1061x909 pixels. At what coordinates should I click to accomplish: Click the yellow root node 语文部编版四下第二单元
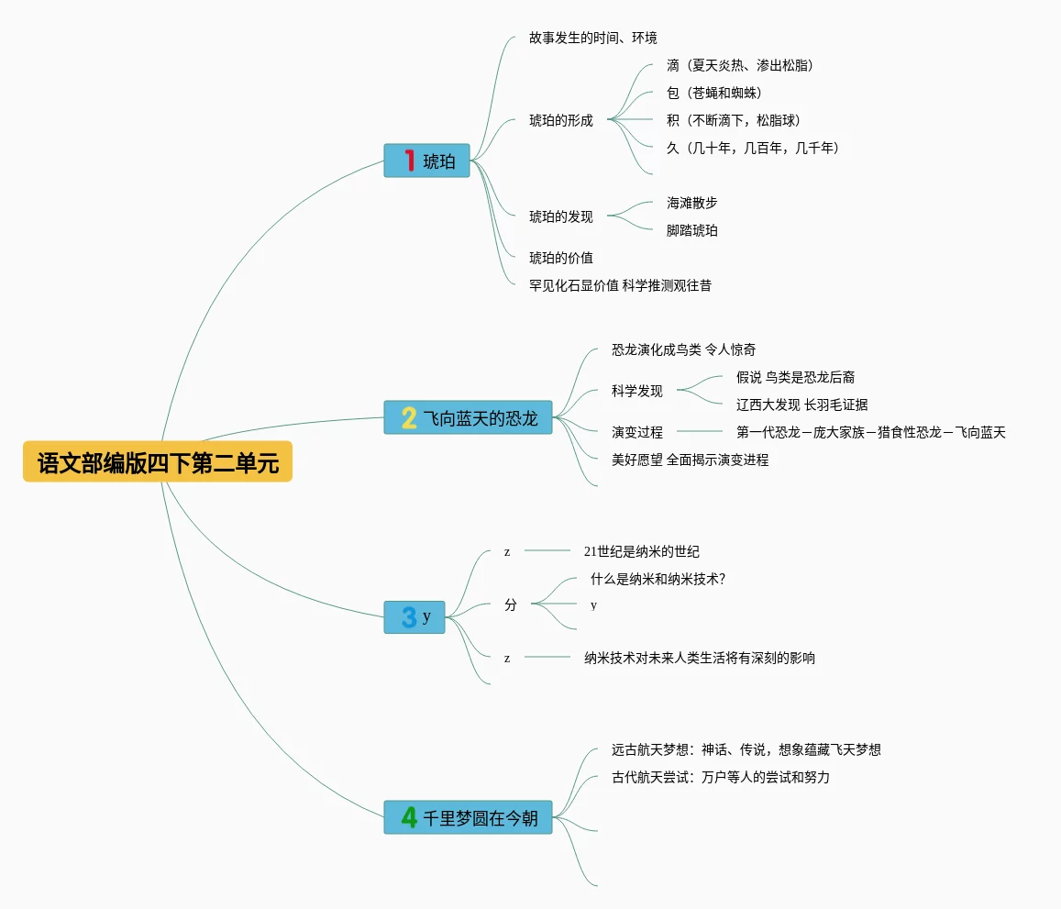pyautogui.click(x=158, y=462)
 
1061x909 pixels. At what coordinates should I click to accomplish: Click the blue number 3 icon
pyautogui.click(x=409, y=617)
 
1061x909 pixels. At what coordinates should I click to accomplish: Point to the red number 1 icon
pyautogui.click(x=409, y=161)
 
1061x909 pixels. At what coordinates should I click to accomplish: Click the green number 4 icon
pyautogui.click(x=409, y=816)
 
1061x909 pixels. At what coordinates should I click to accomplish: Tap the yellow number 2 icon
pyautogui.click(x=409, y=418)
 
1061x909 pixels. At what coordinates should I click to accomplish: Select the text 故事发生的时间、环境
pyautogui.click(x=592, y=38)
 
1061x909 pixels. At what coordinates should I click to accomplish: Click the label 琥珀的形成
pyautogui.click(x=561, y=120)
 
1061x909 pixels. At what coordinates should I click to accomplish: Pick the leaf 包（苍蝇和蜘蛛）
pyautogui.click(x=714, y=93)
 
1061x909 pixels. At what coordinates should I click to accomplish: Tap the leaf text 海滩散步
pyautogui.click(x=692, y=203)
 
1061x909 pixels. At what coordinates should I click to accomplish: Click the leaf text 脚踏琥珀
pyautogui.click(x=692, y=230)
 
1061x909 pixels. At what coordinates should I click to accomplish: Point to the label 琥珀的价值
pyautogui.click(x=561, y=258)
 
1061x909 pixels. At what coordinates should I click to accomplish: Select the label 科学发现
pyautogui.click(x=637, y=391)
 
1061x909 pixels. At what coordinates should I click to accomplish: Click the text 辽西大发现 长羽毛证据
pyautogui.click(x=802, y=405)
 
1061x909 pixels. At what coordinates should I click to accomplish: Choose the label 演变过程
pyautogui.click(x=637, y=432)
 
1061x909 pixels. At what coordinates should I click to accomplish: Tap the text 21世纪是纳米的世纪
pyautogui.click(x=642, y=551)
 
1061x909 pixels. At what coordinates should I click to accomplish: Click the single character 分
pyautogui.click(x=511, y=604)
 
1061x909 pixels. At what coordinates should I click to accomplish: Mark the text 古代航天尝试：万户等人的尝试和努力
pyautogui.click(x=721, y=777)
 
